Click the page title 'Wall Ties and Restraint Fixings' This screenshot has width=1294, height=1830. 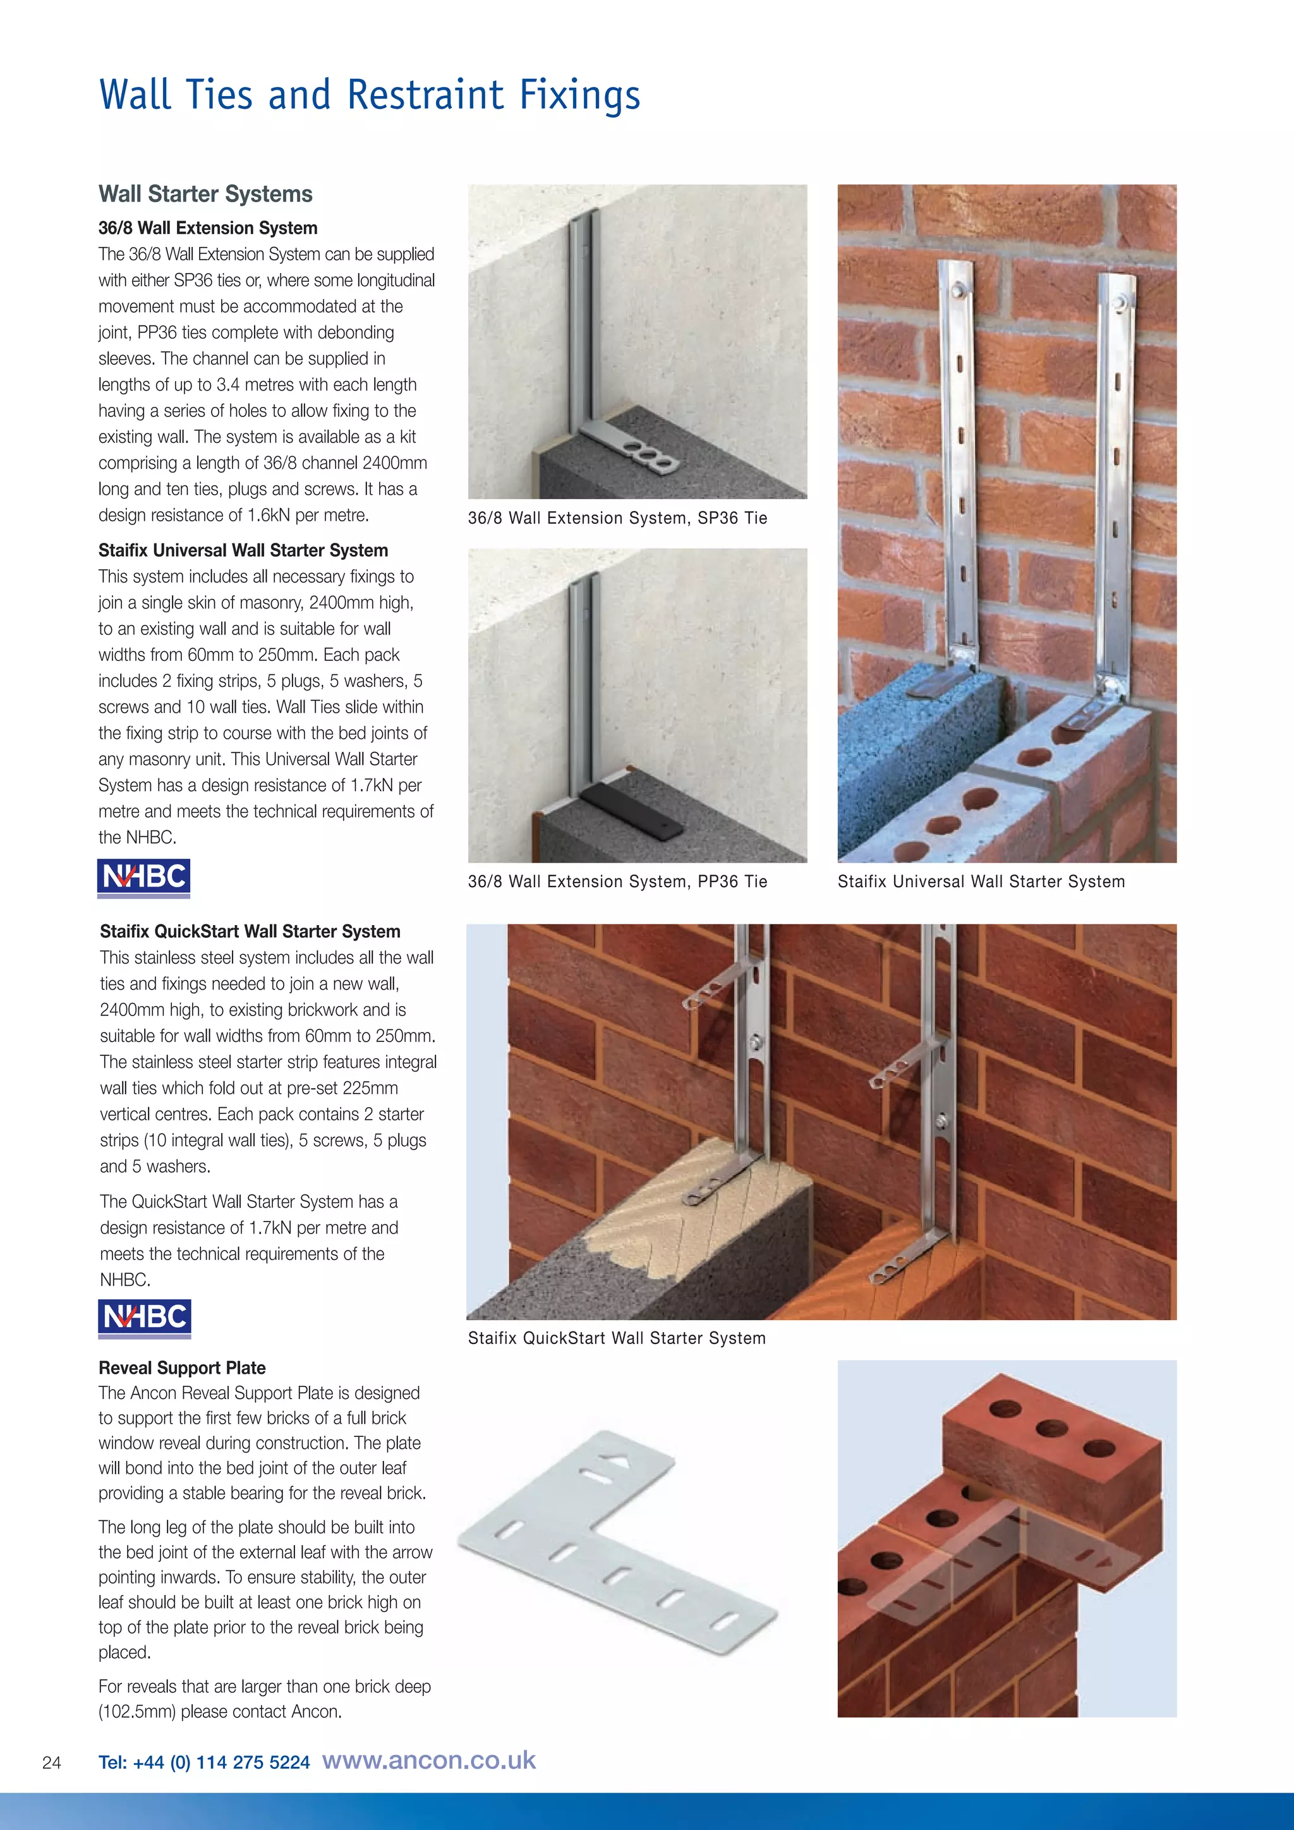pyautogui.click(x=369, y=95)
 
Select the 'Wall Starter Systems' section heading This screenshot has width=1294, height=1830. pyautogui.click(x=205, y=194)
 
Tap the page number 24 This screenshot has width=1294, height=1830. pyautogui.click(x=52, y=1762)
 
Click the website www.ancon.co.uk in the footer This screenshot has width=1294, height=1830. pyautogui.click(x=428, y=1760)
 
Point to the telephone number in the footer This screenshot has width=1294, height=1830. pyautogui.click(x=204, y=1762)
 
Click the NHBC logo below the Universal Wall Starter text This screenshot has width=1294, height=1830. pyautogui.click(x=143, y=878)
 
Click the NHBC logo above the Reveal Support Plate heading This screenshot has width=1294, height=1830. pyautogui.click(x=144, y=1318)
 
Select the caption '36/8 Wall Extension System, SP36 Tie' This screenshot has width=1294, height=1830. pyautogui.click(x=617, y=518)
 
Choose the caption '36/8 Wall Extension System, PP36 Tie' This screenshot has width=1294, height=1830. pyautogui.click(x=617, y=882)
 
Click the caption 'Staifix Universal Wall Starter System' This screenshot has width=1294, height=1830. pyautogui.click(x=981, y=882)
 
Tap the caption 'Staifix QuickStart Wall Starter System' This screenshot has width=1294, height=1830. pyautogui.click(x=617, y=1338)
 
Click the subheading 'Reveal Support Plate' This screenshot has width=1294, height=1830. pyautogui.click(x=182, y=1367)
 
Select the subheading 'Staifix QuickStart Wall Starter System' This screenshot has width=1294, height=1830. pyautogui.click(x=250, y=931)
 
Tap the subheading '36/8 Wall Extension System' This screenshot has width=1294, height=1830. pyautogui.click(x=208, y=228)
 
